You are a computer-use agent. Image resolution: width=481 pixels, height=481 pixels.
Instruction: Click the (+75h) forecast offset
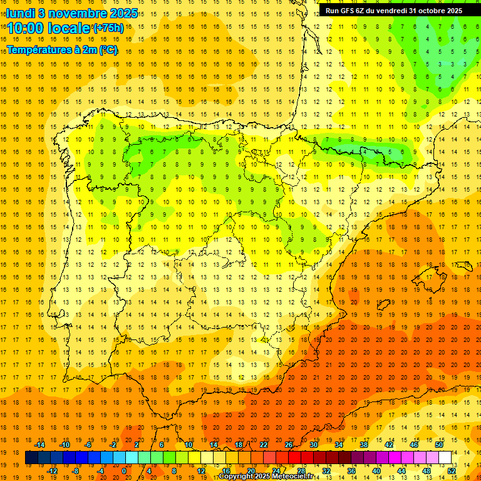point(108,28)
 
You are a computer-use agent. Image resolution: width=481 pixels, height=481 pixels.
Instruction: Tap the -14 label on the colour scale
point(41,445)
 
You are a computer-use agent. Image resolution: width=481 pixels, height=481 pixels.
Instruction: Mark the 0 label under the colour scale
point(124,471)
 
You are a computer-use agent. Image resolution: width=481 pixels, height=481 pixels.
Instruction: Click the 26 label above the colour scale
point(289,445)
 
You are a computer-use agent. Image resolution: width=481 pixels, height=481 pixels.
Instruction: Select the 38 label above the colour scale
point(364,445)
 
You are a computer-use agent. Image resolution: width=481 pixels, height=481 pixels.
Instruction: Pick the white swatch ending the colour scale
point(445,457)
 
